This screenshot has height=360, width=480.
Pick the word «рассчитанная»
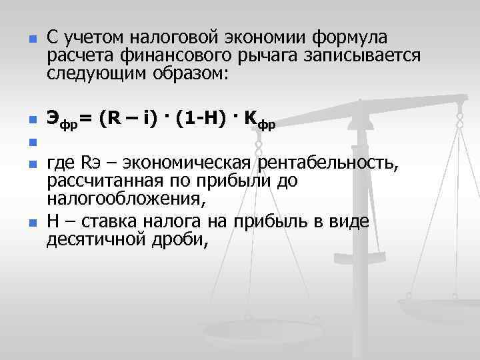coord(102,181)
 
